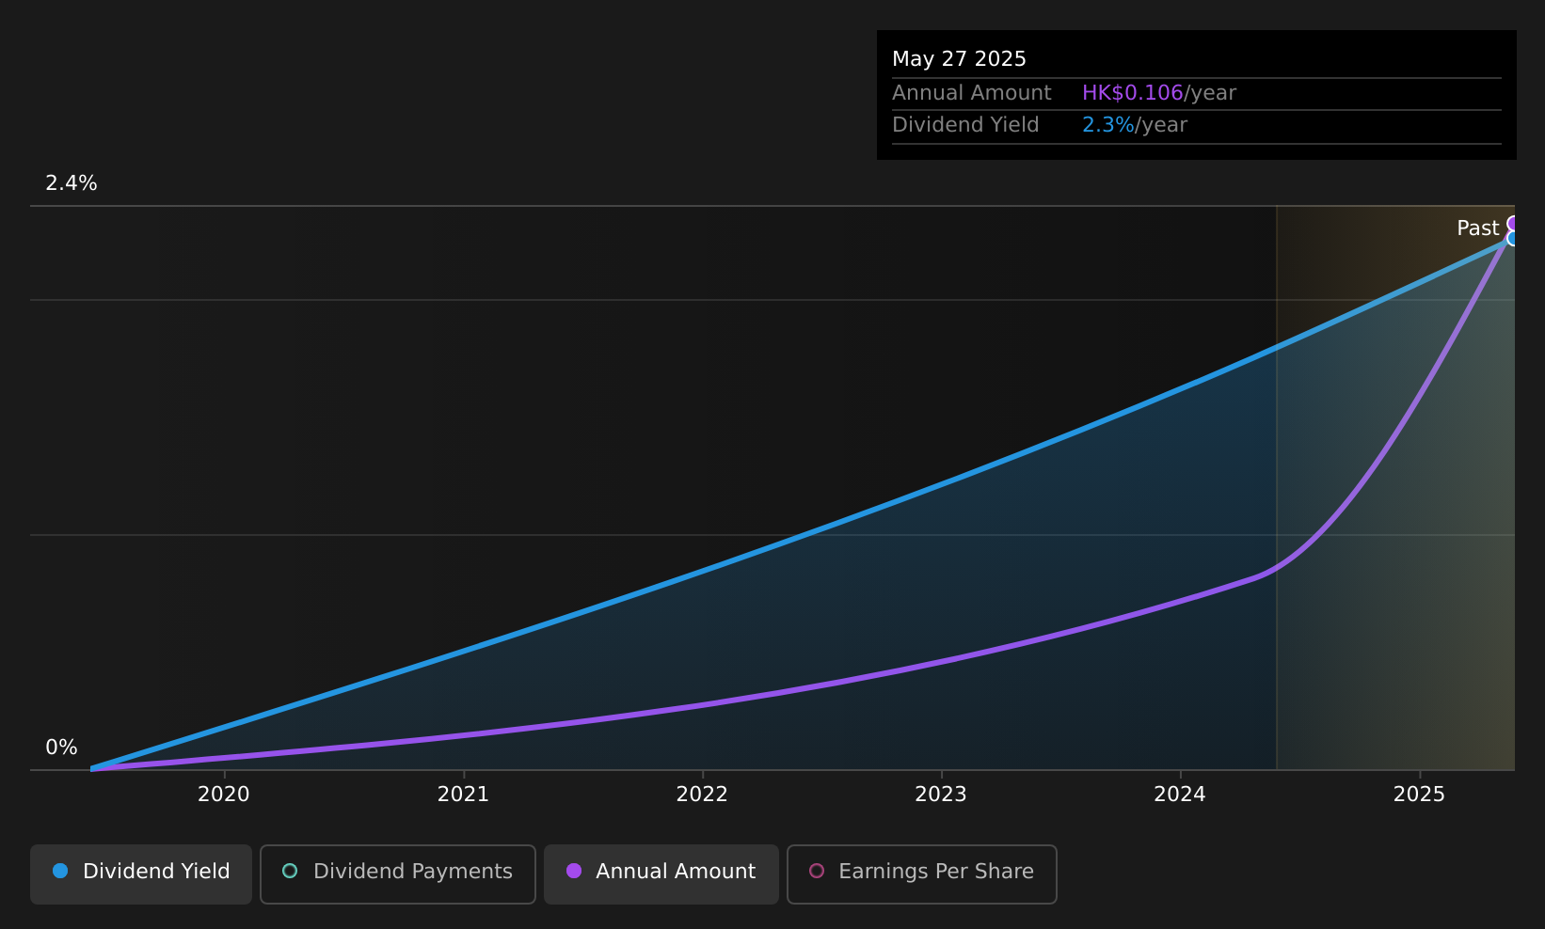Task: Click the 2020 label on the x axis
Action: tap(224, 795)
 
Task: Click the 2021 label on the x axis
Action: tap(463, 795)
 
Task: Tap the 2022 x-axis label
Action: tap(702, 795)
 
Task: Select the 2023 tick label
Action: tap(941, 795)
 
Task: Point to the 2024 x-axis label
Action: tap(1180, 795)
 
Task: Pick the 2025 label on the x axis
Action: tap(1420, 795)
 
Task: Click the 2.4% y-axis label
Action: tap(72, 183)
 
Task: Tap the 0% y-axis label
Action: tap(61, 748)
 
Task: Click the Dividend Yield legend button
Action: tap(141, 874)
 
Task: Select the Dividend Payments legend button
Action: tap(398, 874)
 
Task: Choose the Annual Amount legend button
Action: tap(661, 874)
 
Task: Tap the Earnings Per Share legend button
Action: tap(921, 874)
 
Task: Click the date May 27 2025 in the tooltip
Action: tap(959, 59)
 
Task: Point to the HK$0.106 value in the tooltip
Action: tap(1133, 93)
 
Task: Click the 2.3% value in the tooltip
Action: tap(1107, 125)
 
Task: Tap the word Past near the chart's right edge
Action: tap(1478, 228)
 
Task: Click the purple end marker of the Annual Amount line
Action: tap(1511, 223)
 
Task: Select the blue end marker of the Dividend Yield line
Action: tap(1511, 239)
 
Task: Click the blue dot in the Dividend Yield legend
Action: tap(60, 871)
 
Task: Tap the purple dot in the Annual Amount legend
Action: tap(573, 871)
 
